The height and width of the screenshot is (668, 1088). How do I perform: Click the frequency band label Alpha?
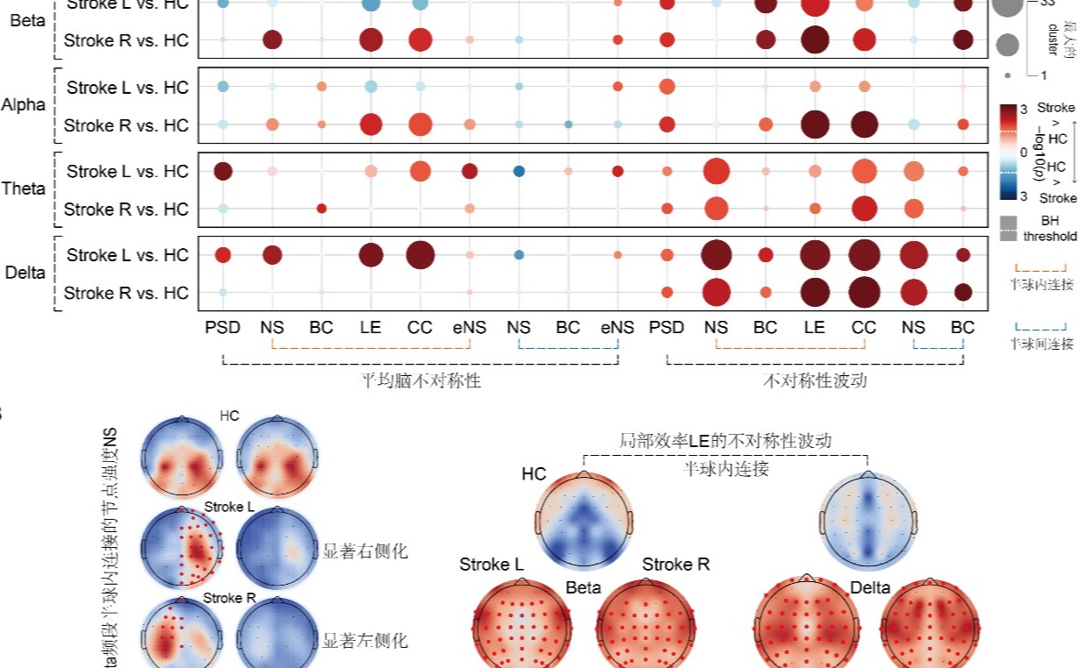[x=24, y=105]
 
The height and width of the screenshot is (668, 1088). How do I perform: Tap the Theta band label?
[x=24, y=188]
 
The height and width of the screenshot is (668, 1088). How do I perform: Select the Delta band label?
[x=25, y=273]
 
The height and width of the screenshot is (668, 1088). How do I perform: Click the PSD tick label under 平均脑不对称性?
[x=223, y=328]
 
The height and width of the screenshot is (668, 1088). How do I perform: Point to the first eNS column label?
[x=469, y=328]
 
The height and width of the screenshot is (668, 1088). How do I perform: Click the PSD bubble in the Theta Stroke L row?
[x=223, y=171]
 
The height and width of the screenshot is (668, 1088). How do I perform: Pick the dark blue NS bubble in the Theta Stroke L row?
[x=519, y=171]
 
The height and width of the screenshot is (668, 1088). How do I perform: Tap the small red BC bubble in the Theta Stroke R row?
[x=321, y=209]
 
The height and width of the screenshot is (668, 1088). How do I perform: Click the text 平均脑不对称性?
[x=421, y=381]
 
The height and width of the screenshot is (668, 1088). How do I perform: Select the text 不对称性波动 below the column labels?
[x=814, y=381]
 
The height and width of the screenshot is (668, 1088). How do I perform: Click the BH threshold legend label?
[x=1049, y=230]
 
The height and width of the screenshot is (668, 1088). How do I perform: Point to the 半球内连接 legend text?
[x=1041, y=285]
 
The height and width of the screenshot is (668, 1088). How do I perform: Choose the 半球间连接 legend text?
[x=1041, y=344]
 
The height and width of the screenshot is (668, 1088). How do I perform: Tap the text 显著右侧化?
[x=365, y=551]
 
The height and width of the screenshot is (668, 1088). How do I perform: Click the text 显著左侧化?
[x=365, y=640]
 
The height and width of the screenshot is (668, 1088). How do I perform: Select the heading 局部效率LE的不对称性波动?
[x=725, y=440]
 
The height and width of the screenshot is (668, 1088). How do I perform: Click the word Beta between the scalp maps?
[x=583, y=586]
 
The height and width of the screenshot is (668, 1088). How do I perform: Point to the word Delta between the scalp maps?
[x=870, y=586]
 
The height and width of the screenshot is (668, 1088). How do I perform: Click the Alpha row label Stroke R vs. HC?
[x=126, y=125]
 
